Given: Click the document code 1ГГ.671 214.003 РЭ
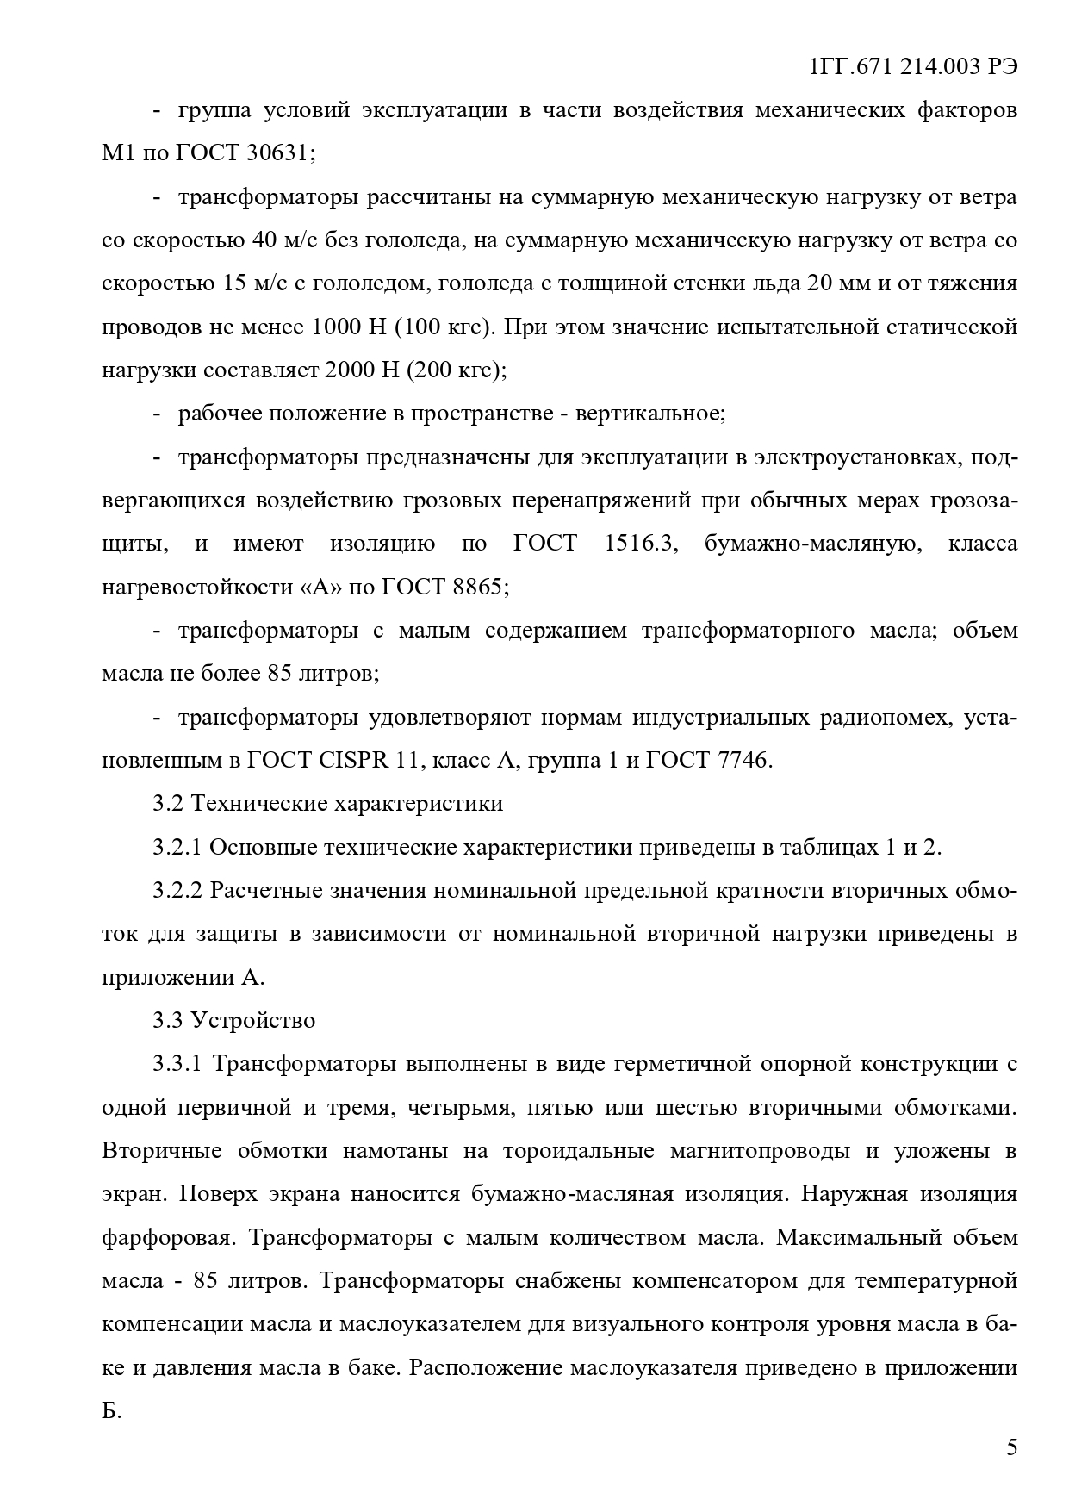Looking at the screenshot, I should coord(914,67).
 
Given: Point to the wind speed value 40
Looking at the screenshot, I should coord(263,240).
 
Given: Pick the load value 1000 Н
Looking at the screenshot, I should coord(350,327).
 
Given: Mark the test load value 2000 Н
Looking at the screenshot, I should coord(364,370).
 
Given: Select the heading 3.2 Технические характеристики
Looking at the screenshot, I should coord(328,804).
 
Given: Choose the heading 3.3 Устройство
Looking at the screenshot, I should coord(234,1021).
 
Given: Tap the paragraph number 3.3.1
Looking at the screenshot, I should coord(177,1064).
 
